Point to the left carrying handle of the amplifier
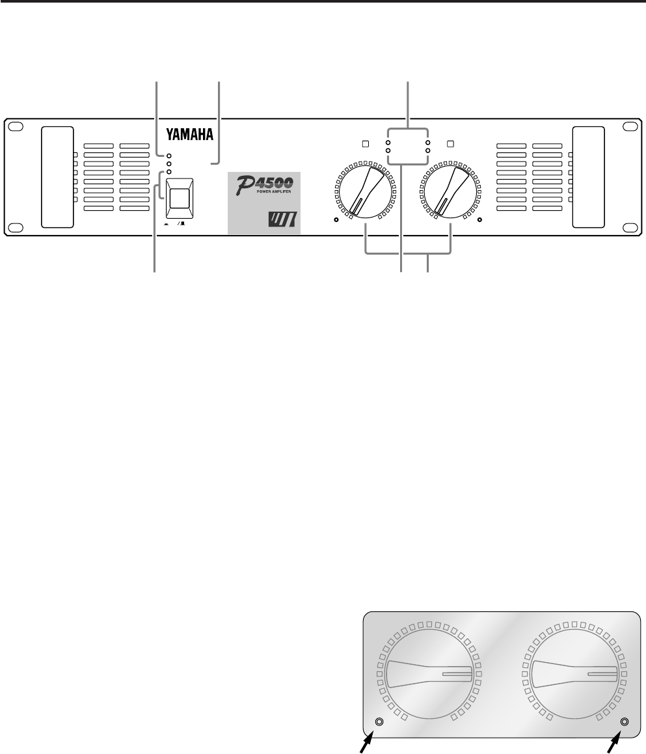pyautogui.click(x=57, y=176)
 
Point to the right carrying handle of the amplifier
pyautogui.click(x=588, y=176)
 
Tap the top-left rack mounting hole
pyautogui.click(x=18, y=127)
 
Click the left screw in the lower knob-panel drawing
pyautogui.click(x=379, y=722)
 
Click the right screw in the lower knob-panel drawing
pyautogui.click(x=625, y=721)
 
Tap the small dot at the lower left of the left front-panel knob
pyautogui.click(x=337, y=220)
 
